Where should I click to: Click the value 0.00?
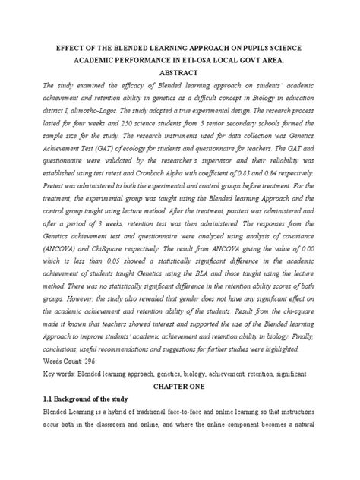[x=321, y=269]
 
